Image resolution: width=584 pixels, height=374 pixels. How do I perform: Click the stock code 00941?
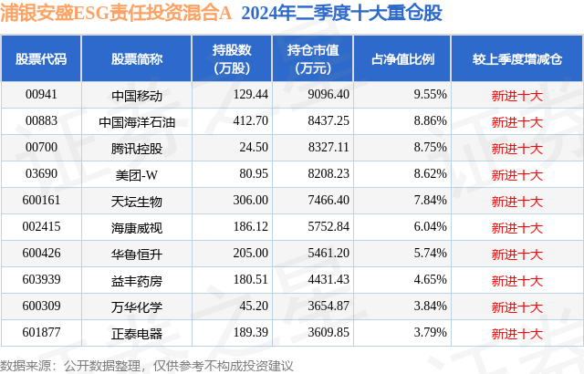point(41,95)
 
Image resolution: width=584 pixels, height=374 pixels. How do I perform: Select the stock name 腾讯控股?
point(137,148)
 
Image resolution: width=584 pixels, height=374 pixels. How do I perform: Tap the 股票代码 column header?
point(41,59)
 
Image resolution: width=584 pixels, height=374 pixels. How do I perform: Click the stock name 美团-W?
point(137,174)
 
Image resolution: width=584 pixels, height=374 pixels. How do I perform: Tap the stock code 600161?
point(41,201)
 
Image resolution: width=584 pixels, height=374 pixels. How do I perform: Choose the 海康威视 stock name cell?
point(137,227)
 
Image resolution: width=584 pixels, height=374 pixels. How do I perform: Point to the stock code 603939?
point(41,280)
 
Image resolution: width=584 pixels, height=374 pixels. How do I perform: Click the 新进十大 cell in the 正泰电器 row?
point(516,333)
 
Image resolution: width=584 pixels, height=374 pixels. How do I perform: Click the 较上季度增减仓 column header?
point(516,59)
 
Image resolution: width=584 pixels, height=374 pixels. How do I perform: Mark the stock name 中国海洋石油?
point(137,121)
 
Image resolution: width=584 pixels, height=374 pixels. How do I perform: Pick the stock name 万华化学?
point(137,306)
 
